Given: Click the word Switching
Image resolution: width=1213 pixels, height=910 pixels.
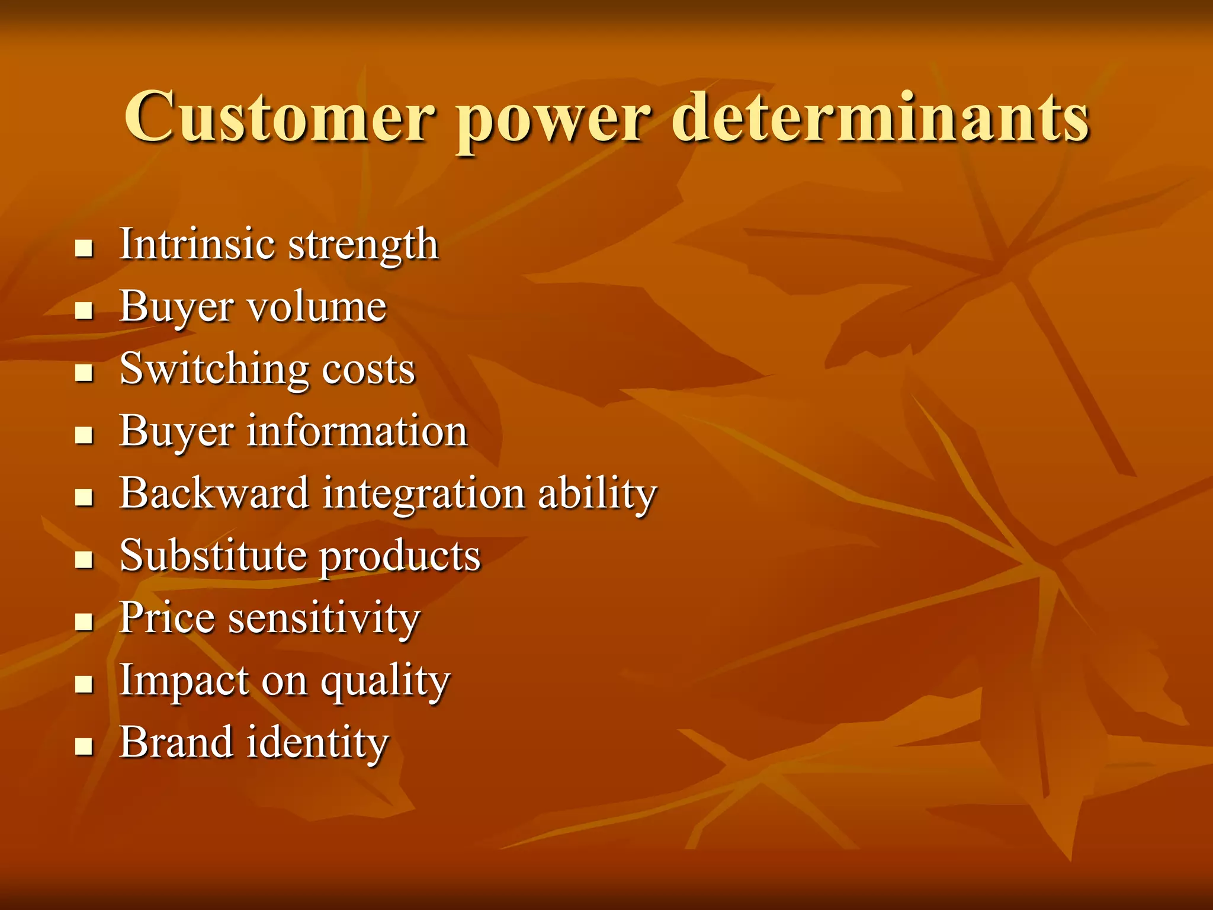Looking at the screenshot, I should click(214, 370).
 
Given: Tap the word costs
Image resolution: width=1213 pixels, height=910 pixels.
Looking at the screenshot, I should click(368, 370).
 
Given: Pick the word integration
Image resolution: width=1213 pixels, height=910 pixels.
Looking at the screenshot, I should click(423, 494).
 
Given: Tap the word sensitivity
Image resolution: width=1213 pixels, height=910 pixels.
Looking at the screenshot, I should click(324, 619).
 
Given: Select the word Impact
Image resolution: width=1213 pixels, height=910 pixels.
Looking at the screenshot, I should click(184, 681).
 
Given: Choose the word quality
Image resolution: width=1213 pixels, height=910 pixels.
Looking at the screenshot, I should click(386, 682).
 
